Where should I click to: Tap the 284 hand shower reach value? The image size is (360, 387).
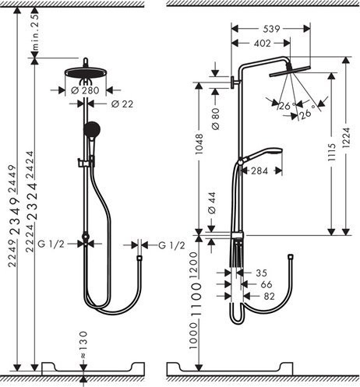pos(261,171)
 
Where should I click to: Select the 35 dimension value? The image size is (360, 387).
pos(261,273)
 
